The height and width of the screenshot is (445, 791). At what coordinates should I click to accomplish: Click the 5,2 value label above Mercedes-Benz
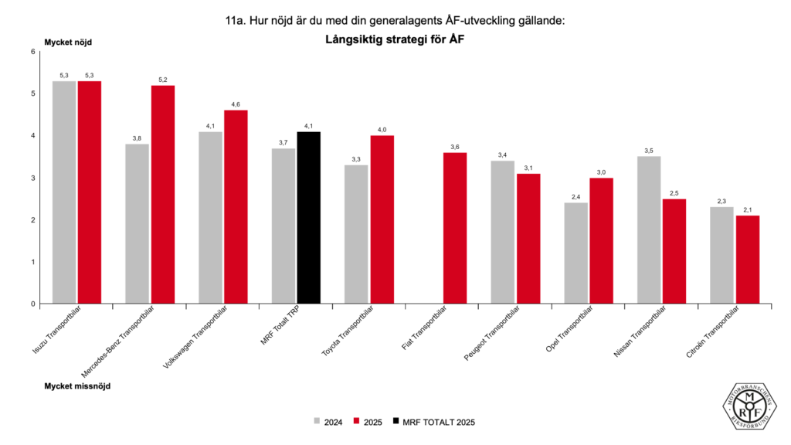(x=163, y=80)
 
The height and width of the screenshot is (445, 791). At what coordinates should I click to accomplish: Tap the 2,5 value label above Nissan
(x=674, y=193)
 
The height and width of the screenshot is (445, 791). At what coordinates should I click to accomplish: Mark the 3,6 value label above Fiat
(x=455, y=147)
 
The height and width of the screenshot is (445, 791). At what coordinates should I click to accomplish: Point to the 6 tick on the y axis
(x=33, y=52)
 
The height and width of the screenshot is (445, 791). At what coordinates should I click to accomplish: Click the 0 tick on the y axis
(x=33, y=304)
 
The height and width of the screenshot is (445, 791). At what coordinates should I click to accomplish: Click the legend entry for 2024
(x=328, y=422)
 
